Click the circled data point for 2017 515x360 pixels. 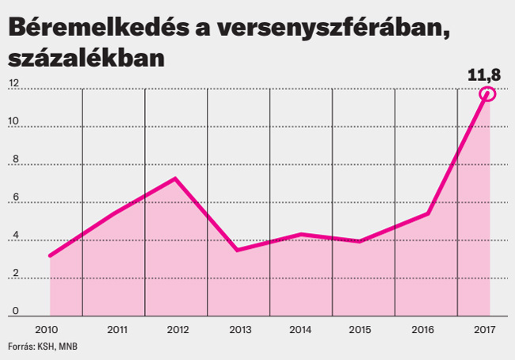point(487,94)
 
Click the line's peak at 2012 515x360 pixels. point(175,178)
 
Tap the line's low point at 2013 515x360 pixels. point(237,250)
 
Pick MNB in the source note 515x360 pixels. point(69,347)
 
